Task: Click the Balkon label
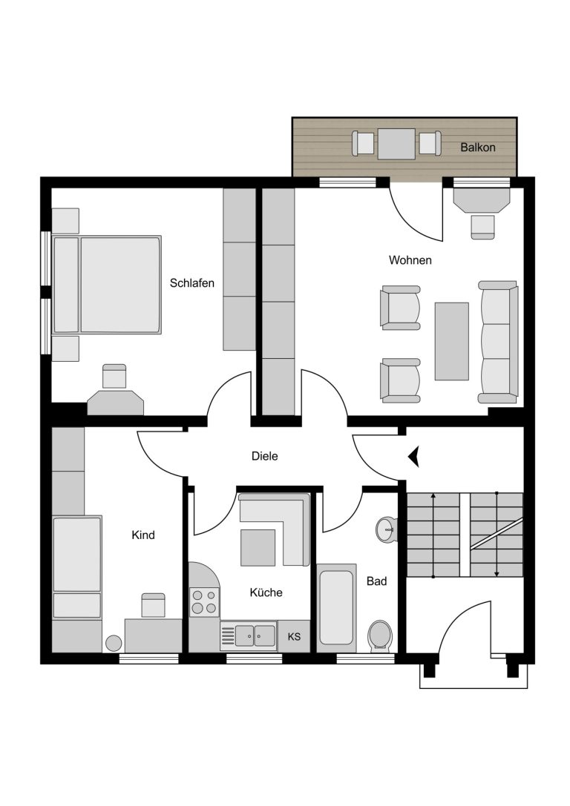(478, 148)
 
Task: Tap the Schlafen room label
(192, 283)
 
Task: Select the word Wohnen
(410, 260)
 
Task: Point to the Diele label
(264, 456)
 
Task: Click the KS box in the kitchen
(294, 636)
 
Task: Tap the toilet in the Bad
(380, 636)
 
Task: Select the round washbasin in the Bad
(387, 529)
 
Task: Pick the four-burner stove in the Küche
(204, 602)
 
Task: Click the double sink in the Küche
(249, 636)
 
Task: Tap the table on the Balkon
(396, 144)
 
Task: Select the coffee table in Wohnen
(452, 341)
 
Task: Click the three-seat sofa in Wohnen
(498, 342)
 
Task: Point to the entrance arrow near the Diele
(413, 456)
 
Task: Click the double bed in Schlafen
(106, 285)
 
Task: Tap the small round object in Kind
(114, 644)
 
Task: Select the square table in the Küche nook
(258, 547)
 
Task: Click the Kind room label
(143, 535)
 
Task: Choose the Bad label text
(376, 581)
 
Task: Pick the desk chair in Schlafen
(114, 376)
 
